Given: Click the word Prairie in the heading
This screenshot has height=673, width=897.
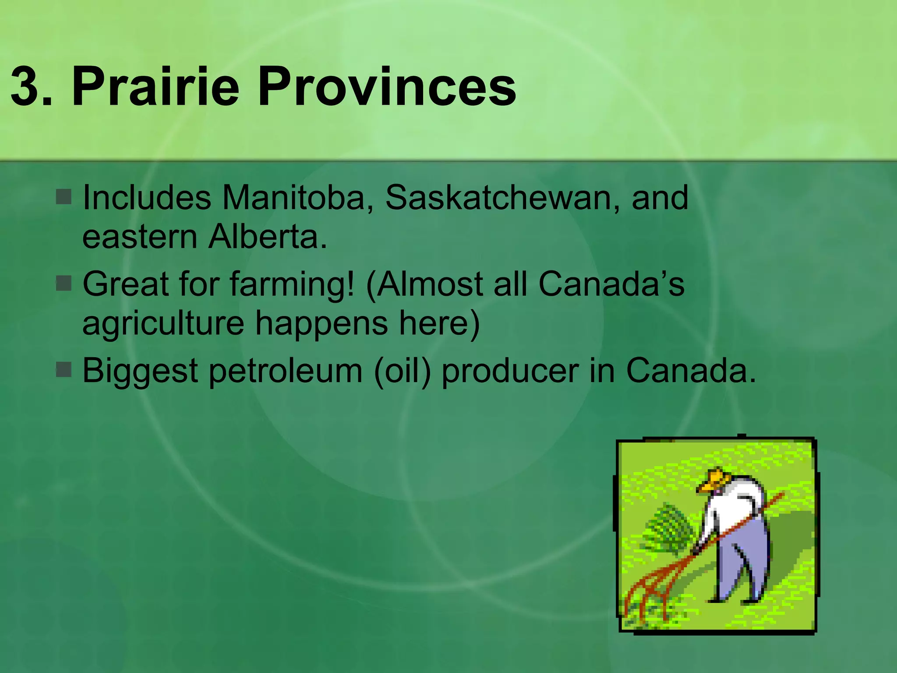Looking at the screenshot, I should pos(155,86).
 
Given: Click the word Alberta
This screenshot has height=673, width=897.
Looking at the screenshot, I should pos(268,237).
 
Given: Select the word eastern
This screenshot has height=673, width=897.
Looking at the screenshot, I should pos(140,237).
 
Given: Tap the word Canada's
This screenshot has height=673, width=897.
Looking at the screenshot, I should pos(611,284).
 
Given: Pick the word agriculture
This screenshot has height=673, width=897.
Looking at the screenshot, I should pos(163,323).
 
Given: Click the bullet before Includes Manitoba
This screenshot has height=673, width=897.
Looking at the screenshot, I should pos(64,197).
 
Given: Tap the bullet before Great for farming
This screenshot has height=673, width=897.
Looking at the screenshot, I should pos(64,283).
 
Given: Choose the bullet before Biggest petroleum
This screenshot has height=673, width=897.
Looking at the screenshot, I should pos(64,370).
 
